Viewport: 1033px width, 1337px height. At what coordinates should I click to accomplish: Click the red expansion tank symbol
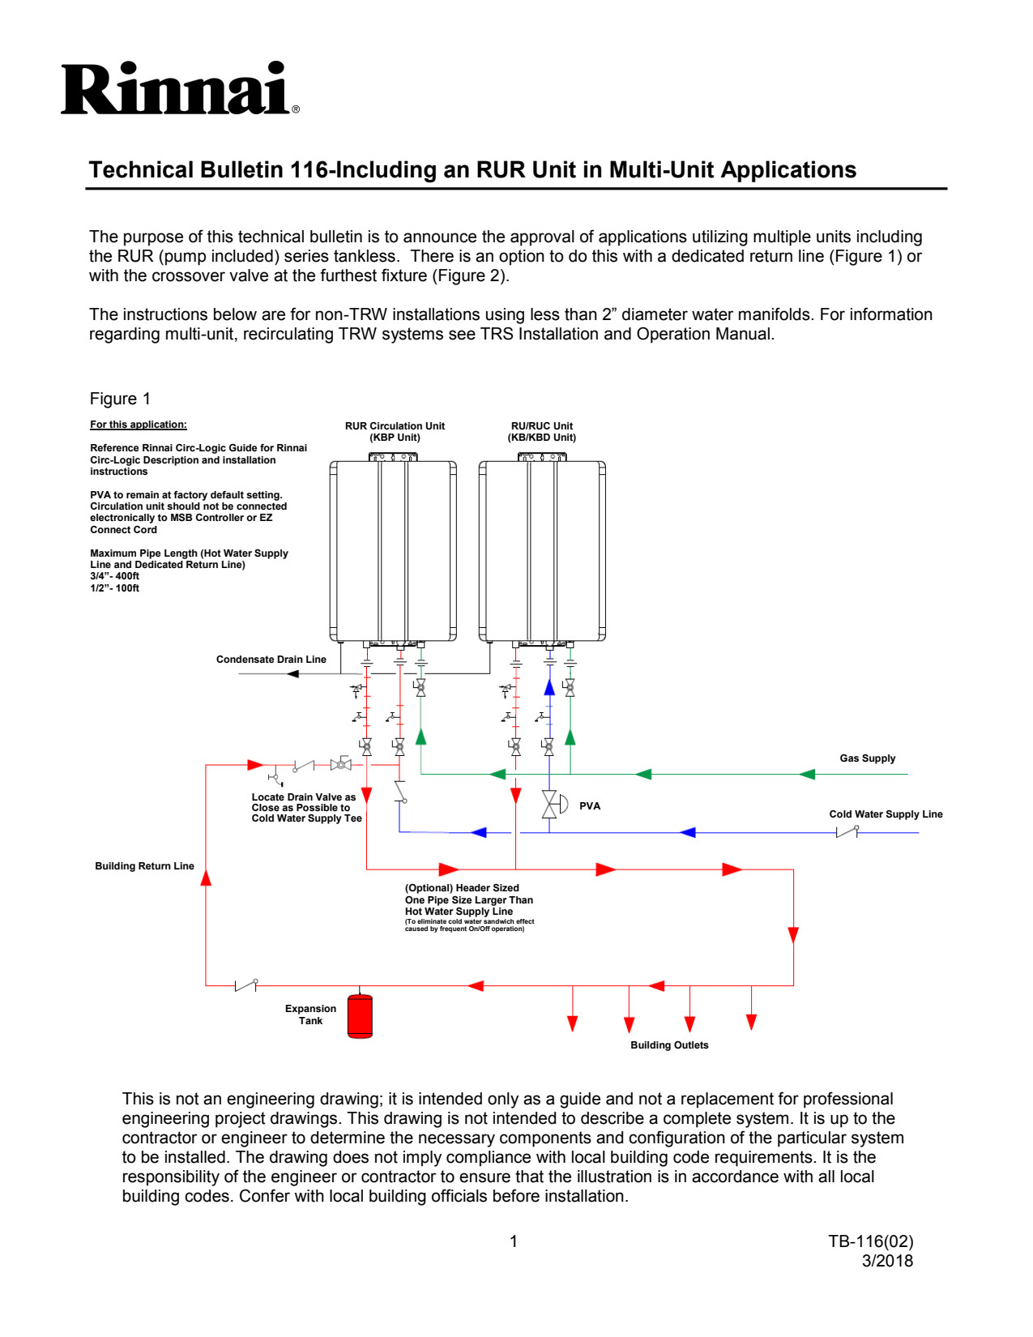click(x=360, y=1016)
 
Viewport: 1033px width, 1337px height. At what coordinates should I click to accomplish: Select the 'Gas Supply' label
click(x=867, y=758)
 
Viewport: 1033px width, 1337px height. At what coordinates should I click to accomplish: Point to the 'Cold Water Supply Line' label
click(x=885, y=814)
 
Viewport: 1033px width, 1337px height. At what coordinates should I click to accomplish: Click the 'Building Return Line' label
click(x=144, y=866)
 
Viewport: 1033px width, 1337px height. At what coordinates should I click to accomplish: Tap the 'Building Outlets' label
click(x=669, y=1045)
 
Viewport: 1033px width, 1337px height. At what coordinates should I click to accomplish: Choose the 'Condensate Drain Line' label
click(x=271, y=660)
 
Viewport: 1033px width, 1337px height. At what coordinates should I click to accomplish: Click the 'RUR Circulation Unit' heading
click(x=395, y=426)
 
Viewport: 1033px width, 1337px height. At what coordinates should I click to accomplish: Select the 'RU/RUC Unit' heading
click(x=541, y=426)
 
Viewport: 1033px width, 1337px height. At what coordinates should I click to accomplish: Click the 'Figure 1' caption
click(x=120, y=399)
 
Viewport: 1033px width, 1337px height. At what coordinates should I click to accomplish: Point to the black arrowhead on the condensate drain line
click(x=292, y=673)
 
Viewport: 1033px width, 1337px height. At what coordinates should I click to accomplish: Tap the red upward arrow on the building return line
click(x=206, y=878)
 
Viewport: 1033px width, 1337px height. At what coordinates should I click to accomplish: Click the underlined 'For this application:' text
click(x=138, y=425)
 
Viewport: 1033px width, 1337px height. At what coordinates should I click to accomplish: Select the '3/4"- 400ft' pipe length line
click(x=114, y=576)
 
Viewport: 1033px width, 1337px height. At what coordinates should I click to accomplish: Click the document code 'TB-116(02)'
click(x=870, y=1241)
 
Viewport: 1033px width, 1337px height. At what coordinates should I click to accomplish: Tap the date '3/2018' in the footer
click(x=887, y=1261)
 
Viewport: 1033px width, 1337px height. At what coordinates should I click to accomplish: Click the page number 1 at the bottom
click(x=514, y=1241)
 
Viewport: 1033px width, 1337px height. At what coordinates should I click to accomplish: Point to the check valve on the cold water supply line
click(x=847, y=832)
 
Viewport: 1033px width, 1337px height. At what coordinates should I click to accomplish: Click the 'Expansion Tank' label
click(x=310, y=1014)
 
